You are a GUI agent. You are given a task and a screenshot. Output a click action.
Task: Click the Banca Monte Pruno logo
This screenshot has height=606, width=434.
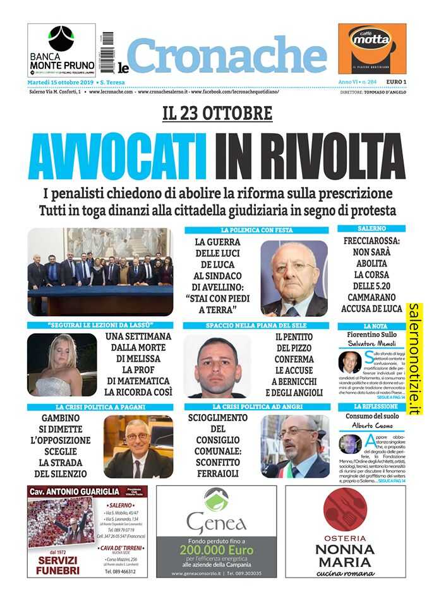(x=61, y=50)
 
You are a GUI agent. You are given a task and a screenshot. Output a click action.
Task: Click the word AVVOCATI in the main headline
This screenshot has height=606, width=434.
(x=118, y=158)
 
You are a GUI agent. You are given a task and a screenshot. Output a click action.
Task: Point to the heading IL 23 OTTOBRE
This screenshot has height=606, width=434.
(x=217, y=114)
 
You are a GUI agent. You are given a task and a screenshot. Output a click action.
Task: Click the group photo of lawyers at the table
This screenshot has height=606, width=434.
(x=100, y=271)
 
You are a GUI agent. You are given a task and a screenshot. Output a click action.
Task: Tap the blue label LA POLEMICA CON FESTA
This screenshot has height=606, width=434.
(x=256, y=230)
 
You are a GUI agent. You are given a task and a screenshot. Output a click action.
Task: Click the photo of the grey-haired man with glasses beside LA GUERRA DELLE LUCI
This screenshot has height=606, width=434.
(x=294, y=278)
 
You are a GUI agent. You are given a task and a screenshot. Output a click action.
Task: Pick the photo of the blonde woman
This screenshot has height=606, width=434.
(x=62, y=364)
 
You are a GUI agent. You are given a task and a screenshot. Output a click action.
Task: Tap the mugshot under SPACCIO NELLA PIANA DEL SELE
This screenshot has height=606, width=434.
(x=217, y=365)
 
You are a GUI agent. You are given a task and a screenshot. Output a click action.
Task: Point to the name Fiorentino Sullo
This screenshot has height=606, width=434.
(x=371, y=334)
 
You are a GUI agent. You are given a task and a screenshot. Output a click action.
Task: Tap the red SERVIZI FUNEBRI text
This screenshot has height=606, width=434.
(x=58, y=565)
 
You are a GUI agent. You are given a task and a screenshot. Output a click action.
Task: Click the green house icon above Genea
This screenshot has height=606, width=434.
(x=216, y=499)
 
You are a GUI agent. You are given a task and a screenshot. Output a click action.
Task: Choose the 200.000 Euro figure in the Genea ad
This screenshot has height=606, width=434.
(x=216, y=550)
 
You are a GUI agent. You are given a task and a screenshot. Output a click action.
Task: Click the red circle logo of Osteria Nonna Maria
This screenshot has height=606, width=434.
(x=345, y=509)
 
